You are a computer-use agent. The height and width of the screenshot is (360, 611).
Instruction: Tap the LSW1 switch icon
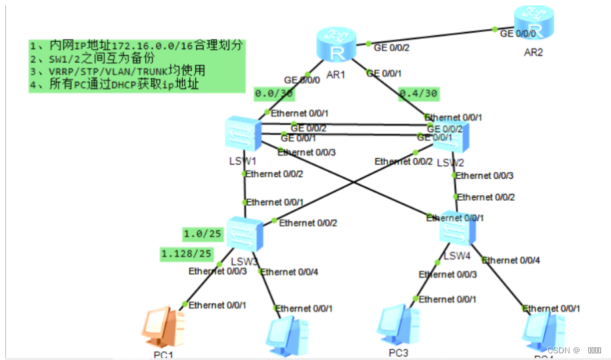[x=243, y=135]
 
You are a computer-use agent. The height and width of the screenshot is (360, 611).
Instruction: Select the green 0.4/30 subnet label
[x=418, y=94]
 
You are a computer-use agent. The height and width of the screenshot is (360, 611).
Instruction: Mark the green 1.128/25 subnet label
[x=186, y=253]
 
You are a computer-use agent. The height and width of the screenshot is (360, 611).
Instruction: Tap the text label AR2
[x=533, y=52]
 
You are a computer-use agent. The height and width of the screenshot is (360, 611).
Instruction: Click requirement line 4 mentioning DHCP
[x=115, y=85]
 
